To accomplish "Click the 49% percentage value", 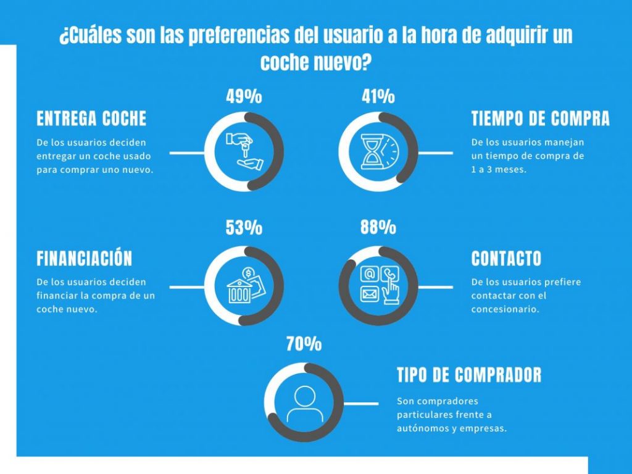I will [x=244, y=97].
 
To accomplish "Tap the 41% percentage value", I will [x=378, y=97].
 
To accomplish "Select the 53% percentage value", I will [x=244, y=228].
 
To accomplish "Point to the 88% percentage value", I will [x=378, y=227].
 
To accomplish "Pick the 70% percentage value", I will [x=304, y=344].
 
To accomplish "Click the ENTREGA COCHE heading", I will [x=91, y=118].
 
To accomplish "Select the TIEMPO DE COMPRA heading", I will [x=541, y=118].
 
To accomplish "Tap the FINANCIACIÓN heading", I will [x=84, y=258].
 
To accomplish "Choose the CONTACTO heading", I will [x=506, y=258].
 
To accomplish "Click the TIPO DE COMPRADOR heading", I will [x=469, y=375].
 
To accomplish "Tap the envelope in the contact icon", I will [x=369, y=294].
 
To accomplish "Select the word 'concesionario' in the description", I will [x=504, y=309].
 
